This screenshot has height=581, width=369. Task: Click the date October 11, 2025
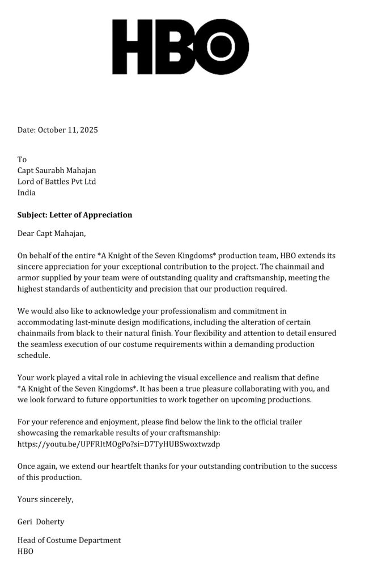pyautogui.click(x=68, y=130)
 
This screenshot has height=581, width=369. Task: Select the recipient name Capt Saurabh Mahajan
pyautogui.click(x=57, y=170)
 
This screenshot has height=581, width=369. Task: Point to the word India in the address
pyautogui.click(x=27, y=193)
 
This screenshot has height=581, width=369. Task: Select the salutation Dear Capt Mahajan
pyautogui.click(x=52, y=233)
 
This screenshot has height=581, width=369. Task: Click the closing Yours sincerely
pyautogui.click(x=45, y=499)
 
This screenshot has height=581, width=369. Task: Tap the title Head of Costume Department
pyautogui.click(x=69, y=540)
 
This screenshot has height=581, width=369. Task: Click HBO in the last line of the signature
pyautogui.click(x=26, y=551)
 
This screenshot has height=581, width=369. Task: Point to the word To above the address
pyautogui.click(x=22, y=159)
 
